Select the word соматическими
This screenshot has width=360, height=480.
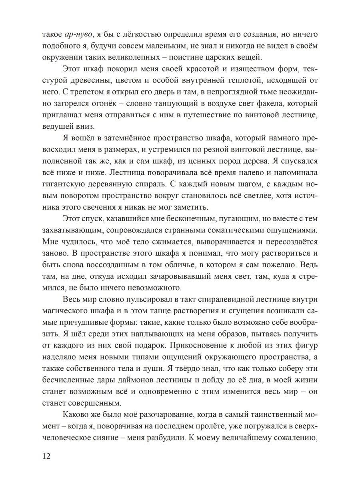(244, 232)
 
